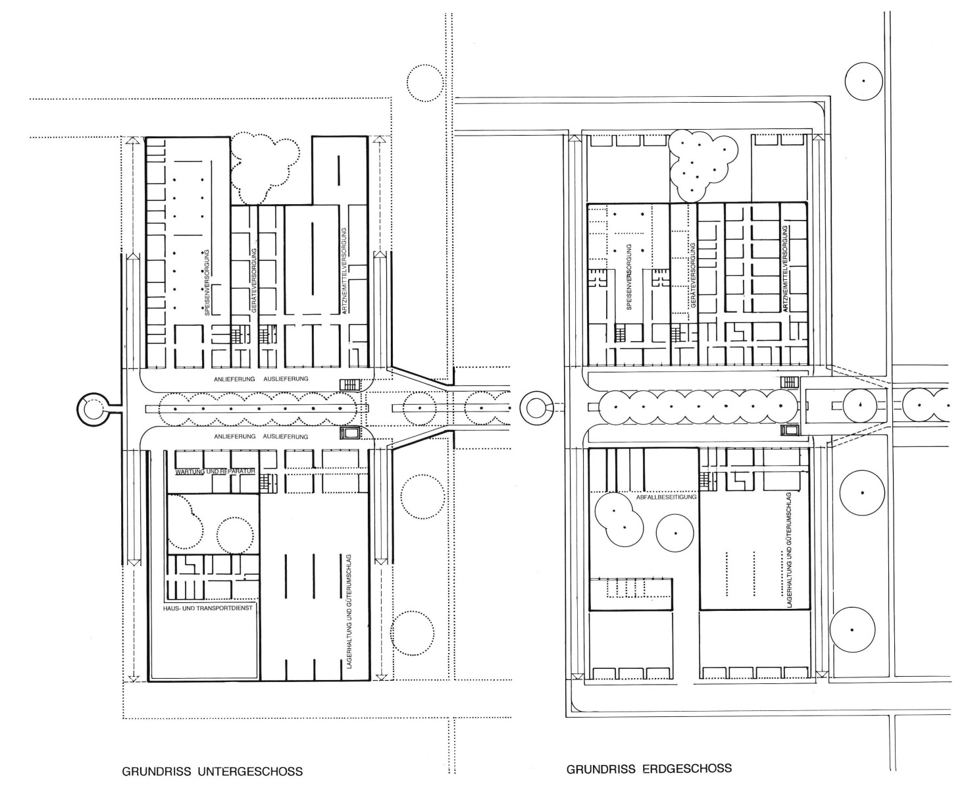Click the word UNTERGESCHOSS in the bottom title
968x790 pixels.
250,771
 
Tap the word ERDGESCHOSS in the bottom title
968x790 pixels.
687,768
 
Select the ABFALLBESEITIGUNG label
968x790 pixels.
666,497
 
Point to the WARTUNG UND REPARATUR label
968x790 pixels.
215,472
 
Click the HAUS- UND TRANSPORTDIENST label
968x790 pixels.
208,608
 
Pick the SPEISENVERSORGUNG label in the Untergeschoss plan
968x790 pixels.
207,282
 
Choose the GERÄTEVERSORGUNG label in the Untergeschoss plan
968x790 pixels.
254,280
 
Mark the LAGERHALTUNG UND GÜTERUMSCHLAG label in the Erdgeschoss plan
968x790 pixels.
789,550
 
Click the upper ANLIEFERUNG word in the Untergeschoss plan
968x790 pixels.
234,379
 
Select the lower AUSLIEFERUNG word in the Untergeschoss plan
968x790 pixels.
286,436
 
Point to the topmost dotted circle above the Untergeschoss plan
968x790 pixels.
425,83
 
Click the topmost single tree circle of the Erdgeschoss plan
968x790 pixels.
863,81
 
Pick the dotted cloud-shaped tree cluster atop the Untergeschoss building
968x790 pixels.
265,168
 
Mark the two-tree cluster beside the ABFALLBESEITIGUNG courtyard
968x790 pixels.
619,519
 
